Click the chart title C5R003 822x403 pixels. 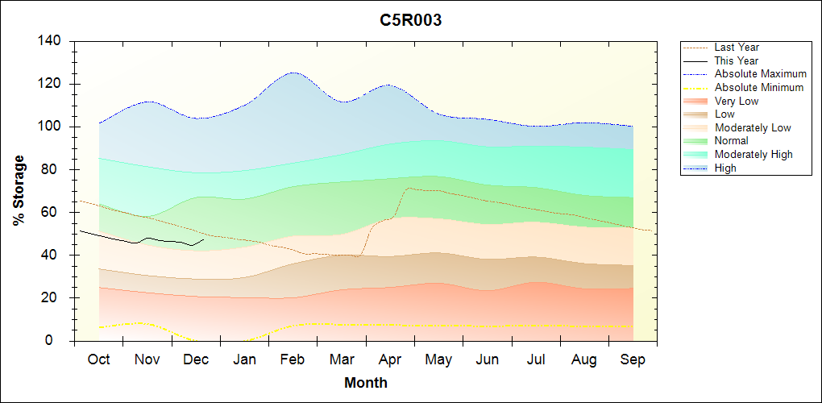411,20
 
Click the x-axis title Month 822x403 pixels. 366,383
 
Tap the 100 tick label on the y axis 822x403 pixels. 52,127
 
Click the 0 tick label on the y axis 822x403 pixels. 59,341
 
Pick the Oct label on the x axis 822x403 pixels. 98,359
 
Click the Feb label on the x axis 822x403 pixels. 293,359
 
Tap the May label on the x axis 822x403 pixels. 438,359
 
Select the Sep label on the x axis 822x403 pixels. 633,359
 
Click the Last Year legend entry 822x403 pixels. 737,48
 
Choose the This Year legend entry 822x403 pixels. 737,60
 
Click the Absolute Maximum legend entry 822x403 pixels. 760,74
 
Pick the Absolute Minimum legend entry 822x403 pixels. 759,87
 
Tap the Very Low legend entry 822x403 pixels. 737,101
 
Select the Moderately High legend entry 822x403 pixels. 753,154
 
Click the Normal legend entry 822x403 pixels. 731,141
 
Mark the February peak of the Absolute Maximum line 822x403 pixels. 293,73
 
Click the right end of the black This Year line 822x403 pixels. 204,239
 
